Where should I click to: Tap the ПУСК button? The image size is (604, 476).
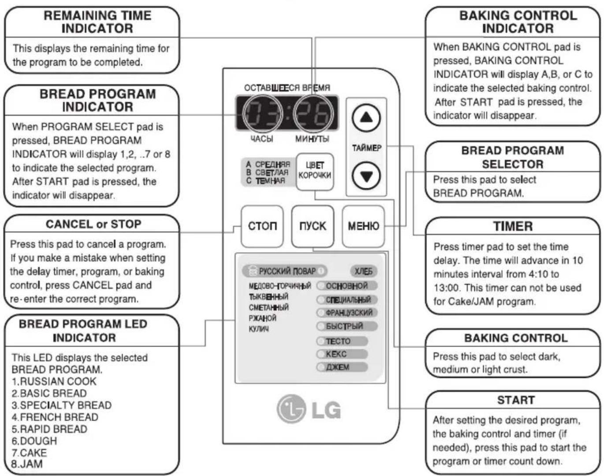pos(313,226)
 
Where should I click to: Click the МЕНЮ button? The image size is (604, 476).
pos(363,226)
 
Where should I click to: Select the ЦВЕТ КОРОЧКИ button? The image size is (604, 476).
pos(315,172)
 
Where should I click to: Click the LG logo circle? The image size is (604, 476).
pos(291,409)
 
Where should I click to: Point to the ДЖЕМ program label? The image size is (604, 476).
pos(337,367)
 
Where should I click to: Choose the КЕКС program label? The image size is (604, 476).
pos(336,354)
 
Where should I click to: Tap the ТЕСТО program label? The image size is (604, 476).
pos(338,341)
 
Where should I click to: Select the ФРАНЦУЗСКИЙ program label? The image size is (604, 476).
pos(349,313)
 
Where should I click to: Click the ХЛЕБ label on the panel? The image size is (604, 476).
pos(363,271)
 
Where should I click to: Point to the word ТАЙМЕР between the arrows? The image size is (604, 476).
pos(366,148)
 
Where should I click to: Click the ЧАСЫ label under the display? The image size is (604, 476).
pos(261,139)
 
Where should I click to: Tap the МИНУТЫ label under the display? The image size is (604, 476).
pos(312,139)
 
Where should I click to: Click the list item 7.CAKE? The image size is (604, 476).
pos(29,453)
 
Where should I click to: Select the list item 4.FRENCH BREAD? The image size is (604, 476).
pos(55,417)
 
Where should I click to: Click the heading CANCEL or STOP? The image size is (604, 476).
pos(93,224)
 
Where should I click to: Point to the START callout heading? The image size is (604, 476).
pos(516,400)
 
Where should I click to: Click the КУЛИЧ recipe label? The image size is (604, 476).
pos(258,329)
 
